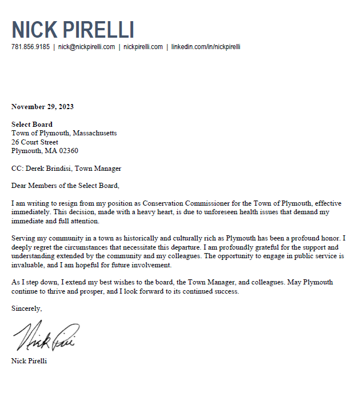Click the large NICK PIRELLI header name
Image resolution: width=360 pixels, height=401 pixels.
click(73, 30)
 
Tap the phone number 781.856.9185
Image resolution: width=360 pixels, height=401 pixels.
click(30, 47)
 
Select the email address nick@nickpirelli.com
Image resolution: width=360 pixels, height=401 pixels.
click(86, 47)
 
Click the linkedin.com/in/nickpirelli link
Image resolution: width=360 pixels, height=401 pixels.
click(206, 47)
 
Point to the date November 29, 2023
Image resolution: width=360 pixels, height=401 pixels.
click(42, 107)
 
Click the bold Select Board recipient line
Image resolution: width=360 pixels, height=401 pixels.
click(32, 125)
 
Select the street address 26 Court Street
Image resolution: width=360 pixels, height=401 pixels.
click(35, 142)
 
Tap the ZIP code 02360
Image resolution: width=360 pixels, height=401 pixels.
click(67, 151)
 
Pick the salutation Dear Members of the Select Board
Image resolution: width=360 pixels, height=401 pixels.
click(65, 186)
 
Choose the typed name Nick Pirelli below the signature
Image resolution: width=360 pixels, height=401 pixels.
click(29, 361)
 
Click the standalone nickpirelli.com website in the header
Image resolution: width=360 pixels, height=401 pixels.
click(143, 47)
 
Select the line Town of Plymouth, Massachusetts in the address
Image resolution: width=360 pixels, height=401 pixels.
click(64, 133)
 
